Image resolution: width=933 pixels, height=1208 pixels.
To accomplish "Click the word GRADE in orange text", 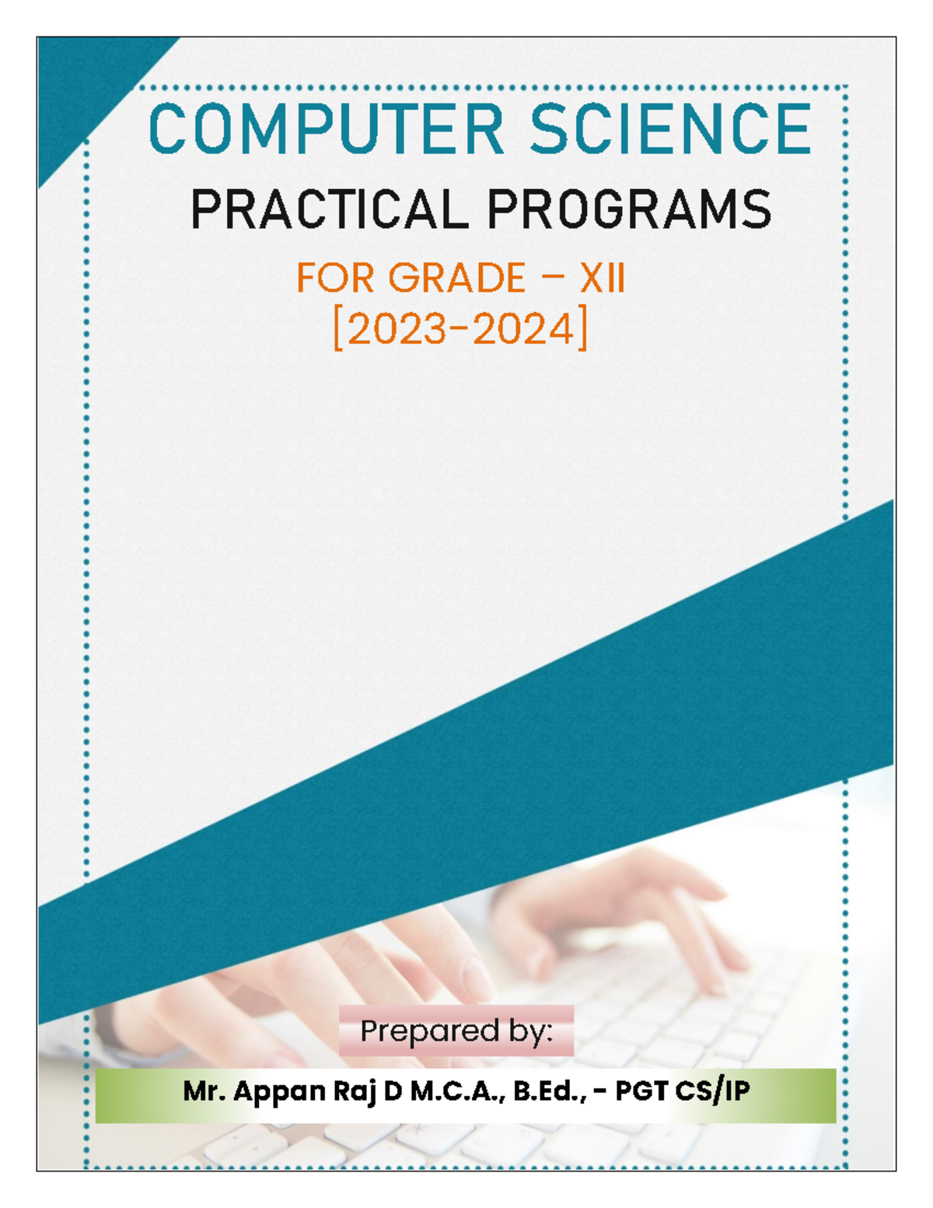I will pyautogui.click(x=457, y=278).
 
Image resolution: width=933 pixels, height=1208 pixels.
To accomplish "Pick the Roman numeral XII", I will pyautogui.click(x=602, y=278).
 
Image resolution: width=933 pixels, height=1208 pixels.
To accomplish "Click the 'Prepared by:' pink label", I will pyautogui.click(x=456, y=1031).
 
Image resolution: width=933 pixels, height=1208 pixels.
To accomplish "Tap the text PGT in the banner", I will pyautogui.click(x=642, y=1091).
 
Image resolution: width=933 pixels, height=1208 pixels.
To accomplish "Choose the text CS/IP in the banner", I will pyautogui.click(x=712, y=1091).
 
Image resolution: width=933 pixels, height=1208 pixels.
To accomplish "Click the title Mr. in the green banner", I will pyautogui.click(x=204, y=1091).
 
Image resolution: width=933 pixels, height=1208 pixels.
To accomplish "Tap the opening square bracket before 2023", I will pyautogui.click(x=338, y=330).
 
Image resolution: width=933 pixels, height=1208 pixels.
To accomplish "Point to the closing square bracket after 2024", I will pyautogui.click(x=582, y=330).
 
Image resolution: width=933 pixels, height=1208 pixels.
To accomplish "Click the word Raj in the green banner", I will pyautogui.click(x=355, y=1091).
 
